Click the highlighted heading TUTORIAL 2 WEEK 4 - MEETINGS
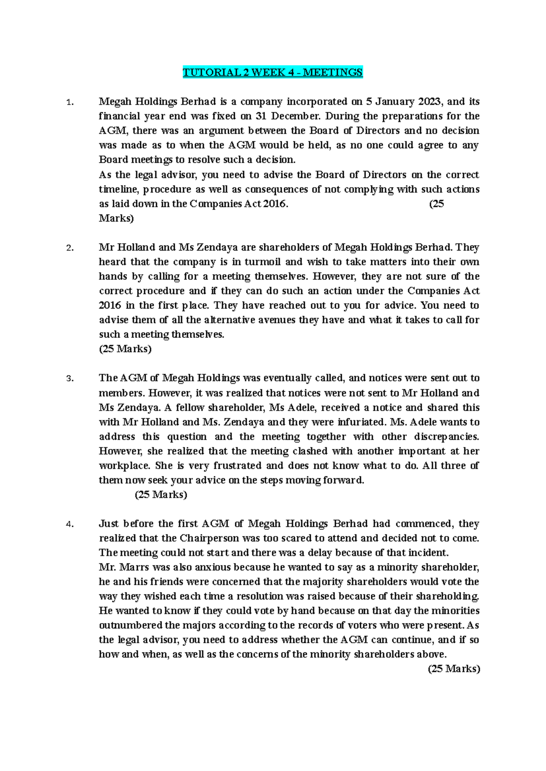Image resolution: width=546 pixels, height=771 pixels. click(x=273, y=72)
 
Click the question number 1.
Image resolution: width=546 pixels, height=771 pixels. click(x=69, y=102)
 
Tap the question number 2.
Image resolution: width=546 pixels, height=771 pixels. click(x=69, y=248)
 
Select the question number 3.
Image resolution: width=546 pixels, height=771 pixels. click(x=69, y=379)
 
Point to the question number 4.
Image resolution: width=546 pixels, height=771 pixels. click(x=69, y=525)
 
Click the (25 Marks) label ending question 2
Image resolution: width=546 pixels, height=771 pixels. click(x=125, y=349)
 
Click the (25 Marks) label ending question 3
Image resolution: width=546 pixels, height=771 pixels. click(x=161, y=495)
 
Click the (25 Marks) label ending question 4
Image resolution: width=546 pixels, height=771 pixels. click(x=454, y=669)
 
